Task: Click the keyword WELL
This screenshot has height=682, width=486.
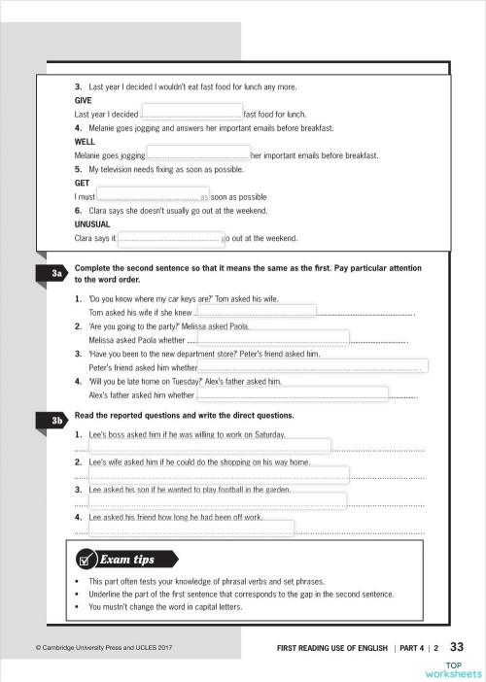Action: (84, 141)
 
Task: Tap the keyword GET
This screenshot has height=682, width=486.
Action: (82, 183)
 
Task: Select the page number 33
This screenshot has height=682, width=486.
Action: (460, 646)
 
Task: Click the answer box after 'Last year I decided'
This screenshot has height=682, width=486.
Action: (191, 113)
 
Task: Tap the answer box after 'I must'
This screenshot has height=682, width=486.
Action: (155, 195)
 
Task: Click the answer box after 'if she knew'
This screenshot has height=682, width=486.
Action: (255, 312)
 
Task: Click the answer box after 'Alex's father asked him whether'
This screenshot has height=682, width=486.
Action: (293, 394)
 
